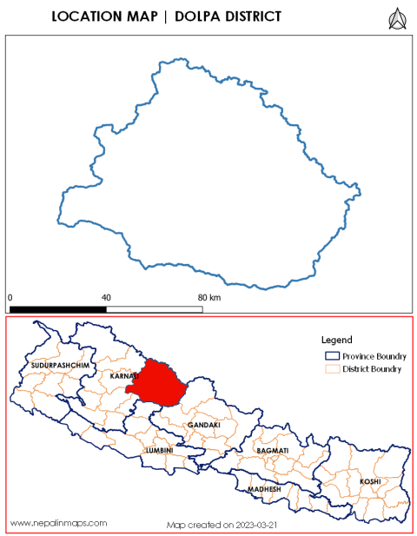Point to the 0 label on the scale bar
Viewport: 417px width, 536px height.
click(x=10, y=297)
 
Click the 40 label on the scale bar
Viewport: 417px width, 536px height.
click(x=106, y=297)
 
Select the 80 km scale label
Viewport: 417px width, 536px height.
click(x=209, y=297)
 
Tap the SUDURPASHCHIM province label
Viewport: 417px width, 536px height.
click(x=60, y=367)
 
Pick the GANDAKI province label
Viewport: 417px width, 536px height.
click(x=203, y=425)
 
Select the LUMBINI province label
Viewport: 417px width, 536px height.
click(x=160, y=451)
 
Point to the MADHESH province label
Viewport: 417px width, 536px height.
click(x=265, y=489)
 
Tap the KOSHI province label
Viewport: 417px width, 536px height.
click(x=370, y=480)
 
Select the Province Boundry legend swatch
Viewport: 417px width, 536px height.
click(x=331, y=356)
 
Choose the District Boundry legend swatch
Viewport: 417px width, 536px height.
click(x=331, y=369)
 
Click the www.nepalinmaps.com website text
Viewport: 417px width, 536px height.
click(x=59, y=523)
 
